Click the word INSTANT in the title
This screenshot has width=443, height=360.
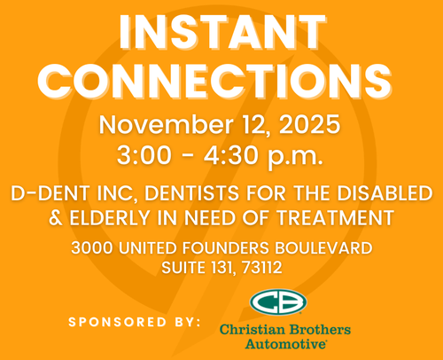pyautogui.click(x=221, y=32)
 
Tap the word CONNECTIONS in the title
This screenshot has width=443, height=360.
pyautogui.click(x=214, y=81)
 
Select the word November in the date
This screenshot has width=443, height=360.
pyautogui.click(x=166, y=125)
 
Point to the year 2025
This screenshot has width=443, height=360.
pyautogui.click(x=309, y=125)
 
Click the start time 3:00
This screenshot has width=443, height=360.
pyautogui.click(x=144, y=155)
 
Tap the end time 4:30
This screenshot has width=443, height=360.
pyautogui.click(x=230, y=155)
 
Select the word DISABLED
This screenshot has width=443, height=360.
pyautogui.click(x=385, y=193)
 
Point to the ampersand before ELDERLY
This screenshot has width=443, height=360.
pyautogui.click(x=56, y=218)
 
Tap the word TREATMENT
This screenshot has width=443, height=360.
pyautogui.click(x=335, y=218)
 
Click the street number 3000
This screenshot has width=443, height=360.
pyautogui.click(x=92, y=247)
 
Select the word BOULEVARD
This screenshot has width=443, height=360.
pyautogui.click(x=323, y=247)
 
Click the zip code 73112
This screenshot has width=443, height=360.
pyautogui.click(x=261, y=268)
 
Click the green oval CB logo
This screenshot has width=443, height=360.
pyautogui.click(x=278, y=302)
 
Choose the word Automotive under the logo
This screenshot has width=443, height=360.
pyautogui.click(x=285, y=344)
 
